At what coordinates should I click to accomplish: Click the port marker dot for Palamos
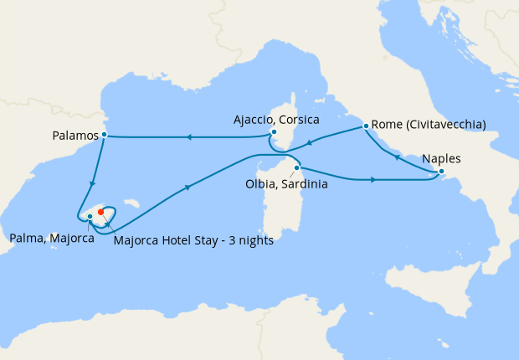pyautogui.click(x=104, y=134)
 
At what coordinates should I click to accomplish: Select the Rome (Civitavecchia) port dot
pyautogui.click(x=366, y=127)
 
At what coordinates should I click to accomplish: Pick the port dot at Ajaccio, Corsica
pyautogui.click(x=274, y=131)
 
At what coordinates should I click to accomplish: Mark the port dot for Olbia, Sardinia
pyautogui.click(x=296, y=167)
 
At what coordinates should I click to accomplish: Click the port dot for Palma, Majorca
pyautogui.click(x=90, y=217)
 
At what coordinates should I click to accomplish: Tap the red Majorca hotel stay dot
pyautogui.click(x=100, y=211)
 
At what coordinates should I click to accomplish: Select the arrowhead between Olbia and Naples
pyautogui.click(x=373, y=179)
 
